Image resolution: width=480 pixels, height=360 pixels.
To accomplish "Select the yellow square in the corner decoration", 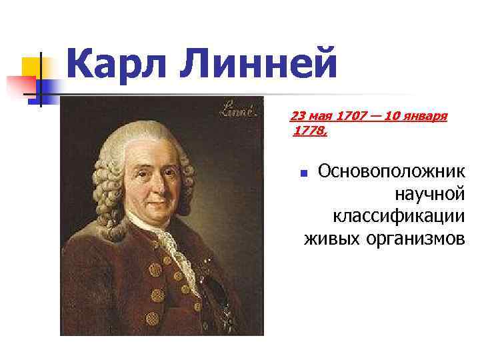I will click(31, 66).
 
